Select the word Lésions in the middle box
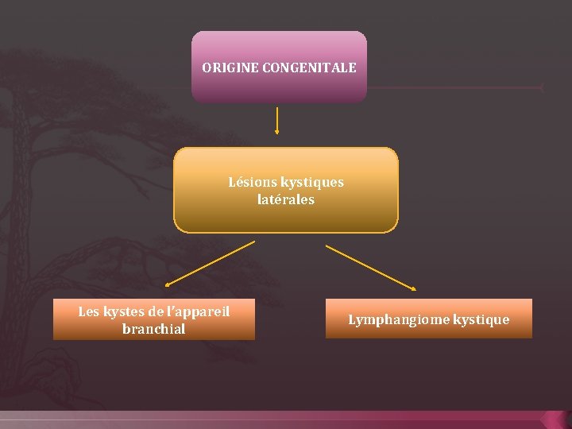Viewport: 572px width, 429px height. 253,182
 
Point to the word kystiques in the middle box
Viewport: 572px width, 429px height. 312,182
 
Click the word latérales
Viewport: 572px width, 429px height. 286,199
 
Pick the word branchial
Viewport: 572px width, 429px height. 154,329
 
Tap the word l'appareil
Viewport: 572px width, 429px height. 198,311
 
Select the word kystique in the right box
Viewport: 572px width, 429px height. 481,319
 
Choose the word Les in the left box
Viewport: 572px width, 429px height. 88,311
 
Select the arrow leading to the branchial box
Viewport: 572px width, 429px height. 209,264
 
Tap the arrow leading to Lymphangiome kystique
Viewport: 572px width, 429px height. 371,267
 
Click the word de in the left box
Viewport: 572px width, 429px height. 154,311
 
